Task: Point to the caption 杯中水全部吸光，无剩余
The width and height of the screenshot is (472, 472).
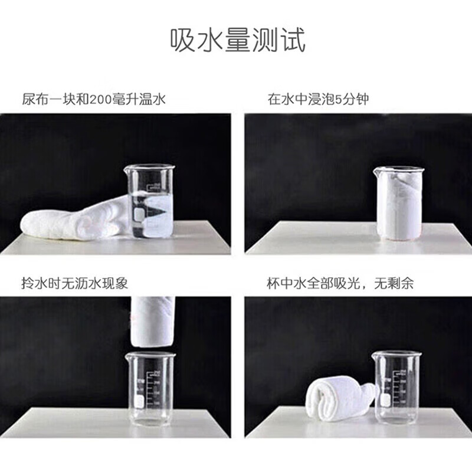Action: [x=340, y=283]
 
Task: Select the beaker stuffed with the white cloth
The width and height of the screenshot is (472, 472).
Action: [x=399, y=204]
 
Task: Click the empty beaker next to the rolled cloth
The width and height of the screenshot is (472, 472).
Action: [x=398, y=386]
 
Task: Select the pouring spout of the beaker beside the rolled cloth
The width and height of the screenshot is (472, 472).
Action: [x=374, y=355]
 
